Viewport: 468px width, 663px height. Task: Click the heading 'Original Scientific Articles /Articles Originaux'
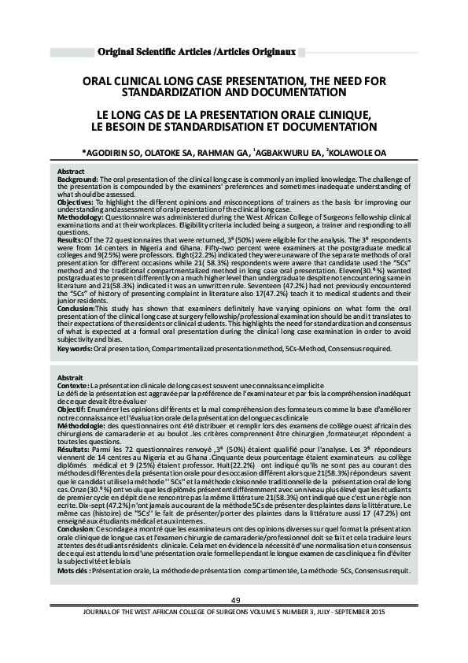[x=195, y=52]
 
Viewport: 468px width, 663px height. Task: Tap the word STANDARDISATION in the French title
[x=201, y=126]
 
